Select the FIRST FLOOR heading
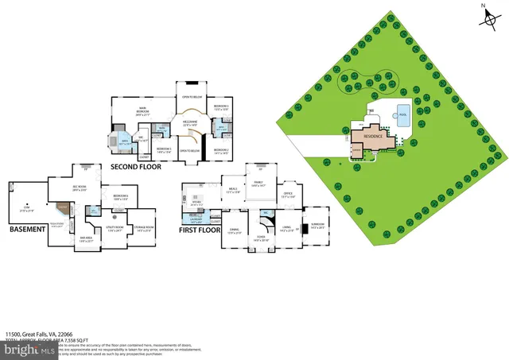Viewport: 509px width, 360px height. pos(198,229)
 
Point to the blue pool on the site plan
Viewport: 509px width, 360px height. pos(402,111)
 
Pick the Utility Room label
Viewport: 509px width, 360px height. pos(114,229)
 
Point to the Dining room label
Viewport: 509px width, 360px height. pos(235,231)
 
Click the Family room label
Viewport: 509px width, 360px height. pos(258,184)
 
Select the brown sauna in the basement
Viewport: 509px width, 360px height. pos(63,206)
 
